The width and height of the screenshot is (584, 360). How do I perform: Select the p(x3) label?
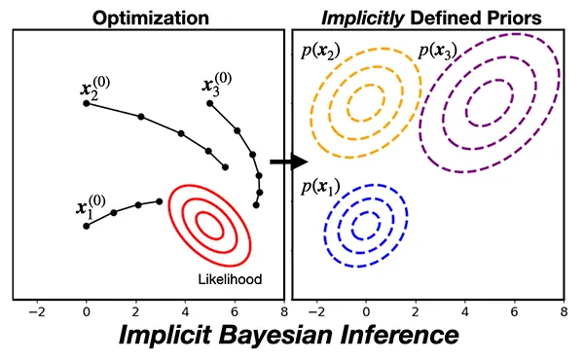[x=437, y=52]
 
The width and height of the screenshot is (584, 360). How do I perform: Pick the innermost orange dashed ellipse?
[x=366, y=100]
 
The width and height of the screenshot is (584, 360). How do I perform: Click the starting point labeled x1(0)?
[x=87, y=226]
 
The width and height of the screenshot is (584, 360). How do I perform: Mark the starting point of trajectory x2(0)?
[x=87, y=102]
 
